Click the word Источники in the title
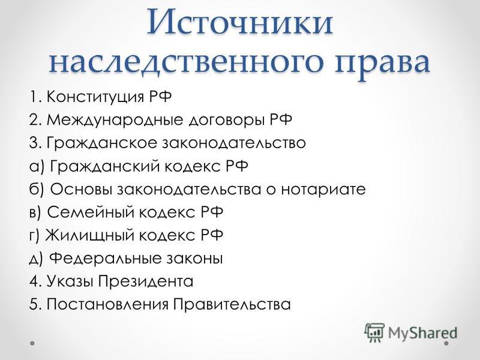click(x=240, y=22)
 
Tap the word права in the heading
click(x=382, y=65)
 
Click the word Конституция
click(x=95, y=97)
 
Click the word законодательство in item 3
click(x=234, y=143)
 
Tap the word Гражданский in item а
click(x=104, y=167)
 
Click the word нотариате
click(x=323, y=190)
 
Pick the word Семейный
click(x=91, y=212)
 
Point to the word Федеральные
click(x=106, y=259)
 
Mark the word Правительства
click(x=232, y=304)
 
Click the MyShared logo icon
click(x=374, y=332)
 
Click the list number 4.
click(x=34, y=281)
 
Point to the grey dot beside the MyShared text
click(x=446, y=343)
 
